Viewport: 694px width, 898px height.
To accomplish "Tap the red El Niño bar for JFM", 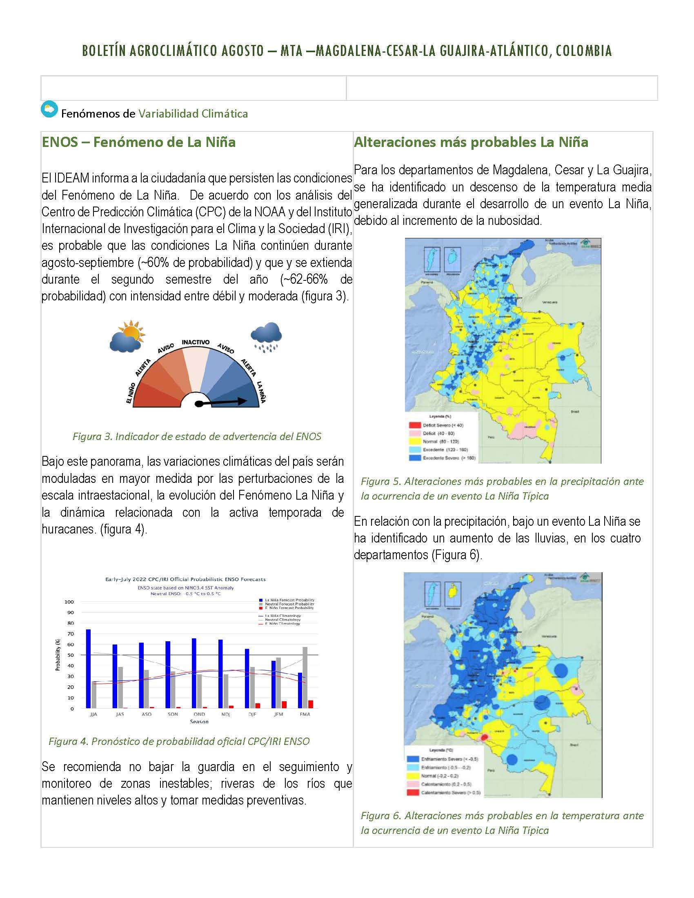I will click(284, 705).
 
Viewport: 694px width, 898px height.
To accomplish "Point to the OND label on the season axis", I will click(199, 714).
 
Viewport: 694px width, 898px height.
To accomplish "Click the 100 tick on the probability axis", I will click(69, 602).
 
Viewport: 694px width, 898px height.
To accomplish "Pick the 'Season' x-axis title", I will click(199, 722).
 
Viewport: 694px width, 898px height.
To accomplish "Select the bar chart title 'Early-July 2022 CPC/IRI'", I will click(185, 579).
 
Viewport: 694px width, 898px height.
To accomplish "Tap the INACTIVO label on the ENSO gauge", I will click(196, 342).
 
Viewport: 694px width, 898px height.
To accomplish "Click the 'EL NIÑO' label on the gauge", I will click(131, 394).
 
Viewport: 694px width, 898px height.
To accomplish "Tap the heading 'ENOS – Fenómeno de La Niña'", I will click(138, 142).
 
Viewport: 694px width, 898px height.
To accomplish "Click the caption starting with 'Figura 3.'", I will click(196, 437).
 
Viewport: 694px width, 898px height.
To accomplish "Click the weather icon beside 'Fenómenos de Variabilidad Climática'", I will click(49, 109).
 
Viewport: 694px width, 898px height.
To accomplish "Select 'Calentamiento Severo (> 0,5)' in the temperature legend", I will click(450, 792).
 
